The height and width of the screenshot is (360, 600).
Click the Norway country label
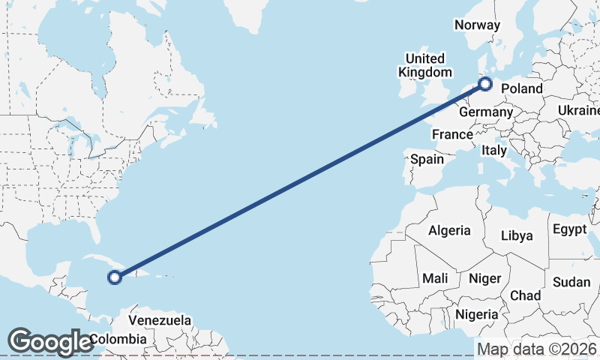pos(477,25)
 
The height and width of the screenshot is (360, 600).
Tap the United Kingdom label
pos(425,65)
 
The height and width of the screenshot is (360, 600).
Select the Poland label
pos(522,88)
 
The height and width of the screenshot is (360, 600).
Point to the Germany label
pos(485,112)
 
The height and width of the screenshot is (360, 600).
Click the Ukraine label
pos(579,110)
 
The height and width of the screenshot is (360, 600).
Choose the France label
pos(452,135)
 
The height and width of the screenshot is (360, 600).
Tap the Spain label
pos(427,159)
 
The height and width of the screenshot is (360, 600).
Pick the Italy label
pos(494,150)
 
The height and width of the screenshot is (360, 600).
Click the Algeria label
pos(449,230)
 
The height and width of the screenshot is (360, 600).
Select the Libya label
pos(518,235)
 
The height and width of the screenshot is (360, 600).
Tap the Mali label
pos(435,278)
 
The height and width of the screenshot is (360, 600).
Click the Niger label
pos(484,278)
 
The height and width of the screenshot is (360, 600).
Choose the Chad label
pos(525,295)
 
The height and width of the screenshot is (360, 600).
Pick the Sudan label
pos(571,282)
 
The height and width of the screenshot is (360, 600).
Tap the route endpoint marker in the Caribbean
pos(115,277)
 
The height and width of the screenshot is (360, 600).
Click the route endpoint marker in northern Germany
pos(485,84)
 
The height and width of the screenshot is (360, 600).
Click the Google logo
pos(50,342)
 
